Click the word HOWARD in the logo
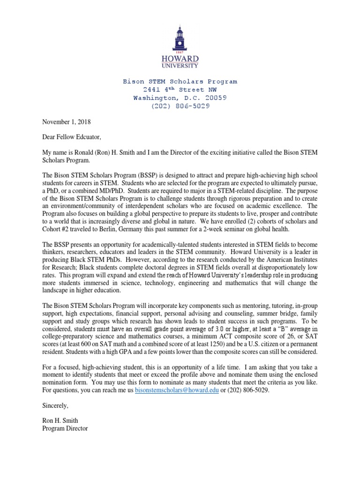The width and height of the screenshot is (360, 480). [x=180, y=59]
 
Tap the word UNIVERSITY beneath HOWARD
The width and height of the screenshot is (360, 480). [x=180, y=66]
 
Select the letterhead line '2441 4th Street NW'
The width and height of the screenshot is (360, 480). [x=180, y=90]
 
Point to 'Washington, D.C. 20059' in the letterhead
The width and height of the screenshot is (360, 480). [x=180, y=98]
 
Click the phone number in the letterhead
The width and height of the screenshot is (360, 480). [x=180, y=106]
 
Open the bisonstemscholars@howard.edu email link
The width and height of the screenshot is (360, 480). [x=177, y=390]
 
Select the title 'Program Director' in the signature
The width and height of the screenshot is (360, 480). [x=65, y=428]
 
